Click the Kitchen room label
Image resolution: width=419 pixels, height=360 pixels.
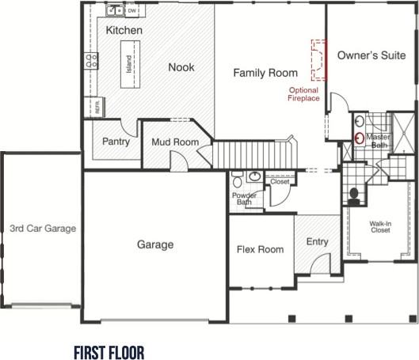coord(124,31)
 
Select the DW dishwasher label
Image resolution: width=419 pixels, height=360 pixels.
coord(131,11)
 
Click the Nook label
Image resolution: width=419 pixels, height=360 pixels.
coord(181,68)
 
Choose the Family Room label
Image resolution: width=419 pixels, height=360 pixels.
coord(265,73)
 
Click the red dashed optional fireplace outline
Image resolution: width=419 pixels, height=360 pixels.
coord(318,60)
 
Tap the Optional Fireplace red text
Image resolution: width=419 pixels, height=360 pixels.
coord(303,94)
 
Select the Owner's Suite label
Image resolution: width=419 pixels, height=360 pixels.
coord(371,55)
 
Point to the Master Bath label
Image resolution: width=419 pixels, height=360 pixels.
coord(379,141)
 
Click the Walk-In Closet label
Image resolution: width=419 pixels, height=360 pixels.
coord(380,227)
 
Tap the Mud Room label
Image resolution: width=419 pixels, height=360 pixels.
coord(174,142)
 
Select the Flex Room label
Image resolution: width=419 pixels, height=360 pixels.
coord(260,250)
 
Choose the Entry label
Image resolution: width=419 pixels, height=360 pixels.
coord(317,242)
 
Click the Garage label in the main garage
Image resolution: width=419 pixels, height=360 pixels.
coord(154,244)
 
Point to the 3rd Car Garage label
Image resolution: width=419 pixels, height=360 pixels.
coord(42,229)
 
